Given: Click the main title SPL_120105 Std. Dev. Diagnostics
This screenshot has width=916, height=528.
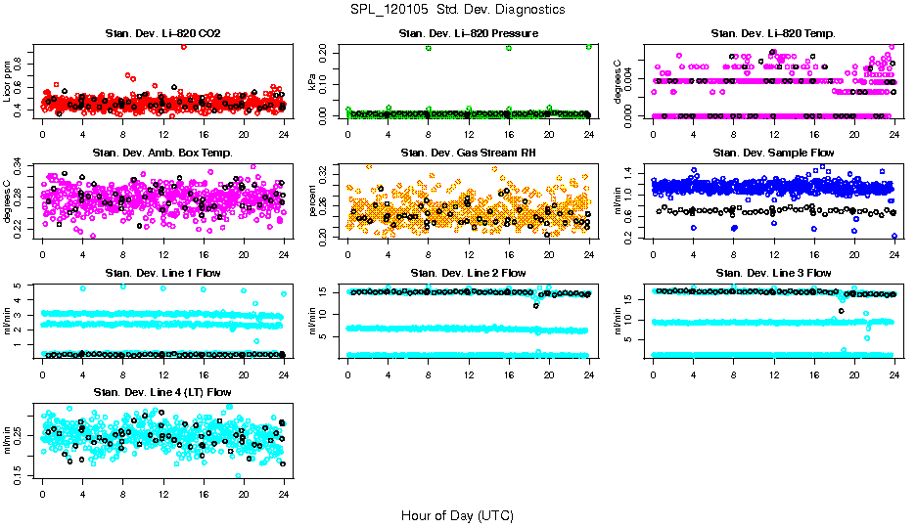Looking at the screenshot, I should click(457, 10).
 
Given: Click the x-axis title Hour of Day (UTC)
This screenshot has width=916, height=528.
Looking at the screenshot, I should click(457, 514).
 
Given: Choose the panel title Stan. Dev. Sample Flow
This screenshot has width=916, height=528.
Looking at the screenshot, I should click(773, 154).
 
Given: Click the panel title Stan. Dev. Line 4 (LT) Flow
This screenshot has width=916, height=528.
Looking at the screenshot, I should click(162, 392).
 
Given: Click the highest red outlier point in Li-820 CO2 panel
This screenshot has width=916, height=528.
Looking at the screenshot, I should click(183, 46).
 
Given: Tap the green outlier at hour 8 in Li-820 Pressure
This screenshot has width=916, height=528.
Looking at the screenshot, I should click(429, 48).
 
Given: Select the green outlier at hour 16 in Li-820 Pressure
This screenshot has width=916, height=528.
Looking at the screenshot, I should click(509, 48).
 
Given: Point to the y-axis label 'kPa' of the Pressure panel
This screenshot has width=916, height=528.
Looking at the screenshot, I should click(313, 85).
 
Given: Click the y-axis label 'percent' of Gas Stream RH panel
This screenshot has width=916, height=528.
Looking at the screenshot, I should click(313, 201).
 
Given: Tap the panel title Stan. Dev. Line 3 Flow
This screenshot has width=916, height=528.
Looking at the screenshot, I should click(773, 273).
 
